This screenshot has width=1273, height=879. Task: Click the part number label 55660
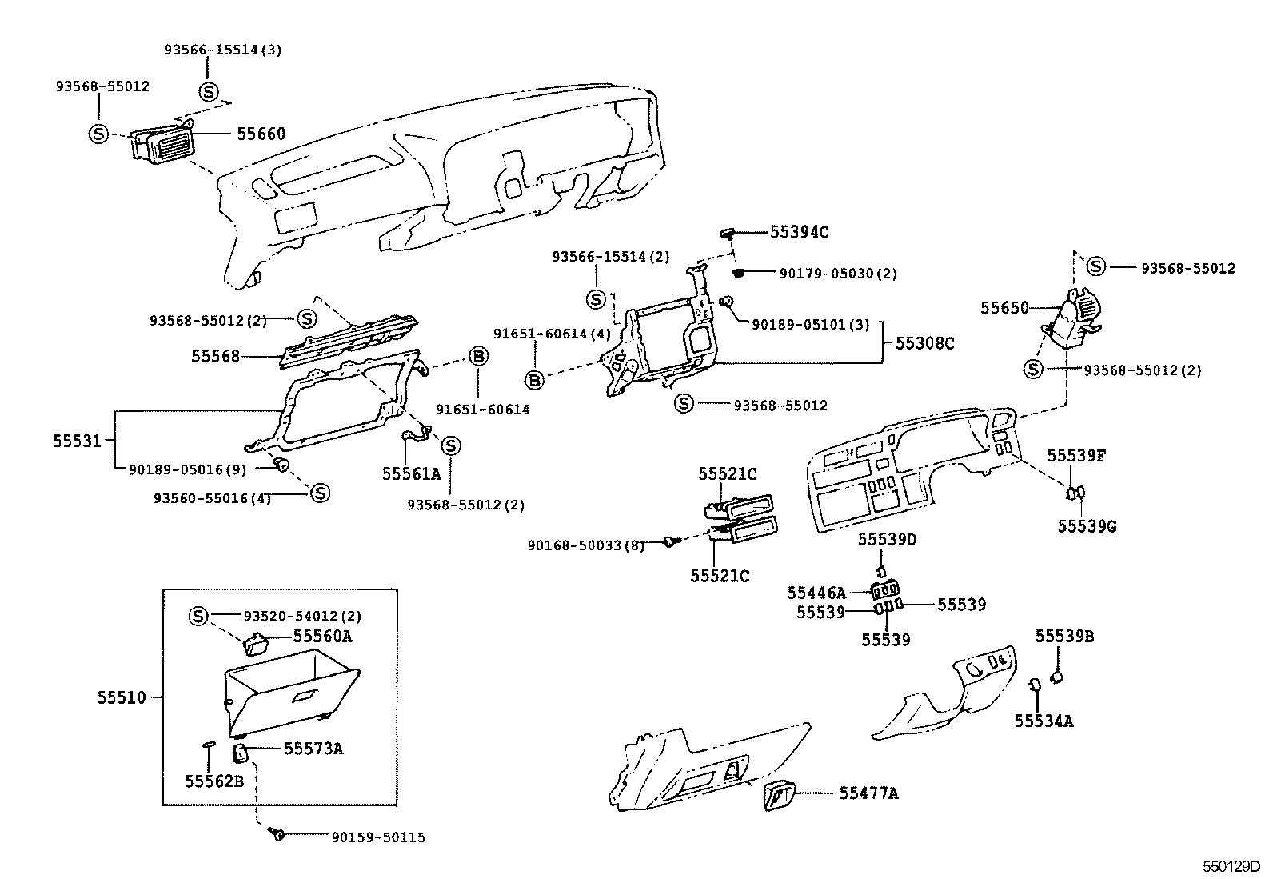click(x=261, y=134)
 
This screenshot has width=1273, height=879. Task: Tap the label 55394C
click(x=799, y=232)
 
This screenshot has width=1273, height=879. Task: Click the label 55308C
click(x=924, y=343)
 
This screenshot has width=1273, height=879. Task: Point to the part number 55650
click(x=1005, y=307)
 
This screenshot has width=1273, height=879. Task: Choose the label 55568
click(x=215, y=356)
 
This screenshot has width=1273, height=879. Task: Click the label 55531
click(x=78, y=441)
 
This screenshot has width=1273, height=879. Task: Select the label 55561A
click(x=411, y=473)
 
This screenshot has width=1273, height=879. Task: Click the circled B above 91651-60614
click(x=477, y=357)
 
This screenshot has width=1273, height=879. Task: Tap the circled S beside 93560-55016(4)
click(x=319, y=493)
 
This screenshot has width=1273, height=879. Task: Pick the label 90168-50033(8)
click(x=586, y=545)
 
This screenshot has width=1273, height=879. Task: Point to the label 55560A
click(x=322, y=637)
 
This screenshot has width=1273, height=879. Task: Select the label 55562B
click(x=213, y=781)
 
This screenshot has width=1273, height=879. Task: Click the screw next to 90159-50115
click(x=278, y=834)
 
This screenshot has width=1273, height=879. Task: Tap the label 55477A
click(x=868, y=793)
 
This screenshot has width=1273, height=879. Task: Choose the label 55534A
click(x=1044, y=721)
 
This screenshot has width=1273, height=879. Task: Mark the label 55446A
click(x=816, y=593)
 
